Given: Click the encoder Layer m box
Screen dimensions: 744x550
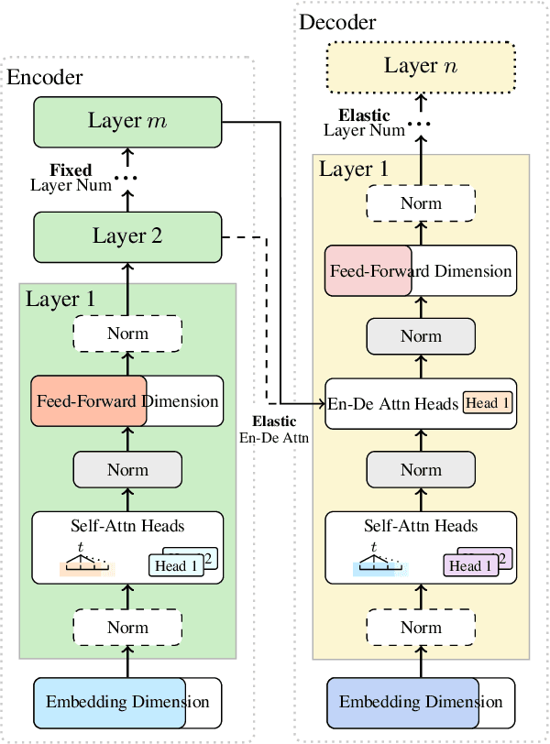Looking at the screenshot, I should click(x=127, y=120).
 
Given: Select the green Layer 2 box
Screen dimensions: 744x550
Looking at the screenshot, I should click(x=127, y=235).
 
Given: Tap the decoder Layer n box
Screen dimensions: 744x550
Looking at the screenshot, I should click(x=422, y=65).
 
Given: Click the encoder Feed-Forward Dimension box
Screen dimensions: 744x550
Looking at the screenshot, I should click(x=127, y=400).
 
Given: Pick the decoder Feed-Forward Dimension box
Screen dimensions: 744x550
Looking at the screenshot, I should click(x=421, y=271).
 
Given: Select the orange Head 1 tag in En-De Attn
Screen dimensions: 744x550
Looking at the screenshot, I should click(x=488, y=402).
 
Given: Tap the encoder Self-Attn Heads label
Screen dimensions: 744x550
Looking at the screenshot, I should click(x=127, y=526).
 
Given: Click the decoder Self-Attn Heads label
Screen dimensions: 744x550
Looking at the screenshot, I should click(x=421, y=526).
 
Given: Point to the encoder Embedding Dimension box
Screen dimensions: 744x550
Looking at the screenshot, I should click(x=127, y=703).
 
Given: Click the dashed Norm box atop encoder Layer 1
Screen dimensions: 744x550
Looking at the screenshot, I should click(x=127, y=334).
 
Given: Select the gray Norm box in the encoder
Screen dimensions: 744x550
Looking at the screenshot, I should click(x=127, y=469).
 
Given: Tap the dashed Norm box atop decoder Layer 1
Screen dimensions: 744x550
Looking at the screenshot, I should click(x=421, y=203).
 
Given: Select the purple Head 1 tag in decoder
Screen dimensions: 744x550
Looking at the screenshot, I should click(x=470, y=565).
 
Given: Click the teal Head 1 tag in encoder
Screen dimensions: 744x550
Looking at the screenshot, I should click(x=176, y=565).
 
